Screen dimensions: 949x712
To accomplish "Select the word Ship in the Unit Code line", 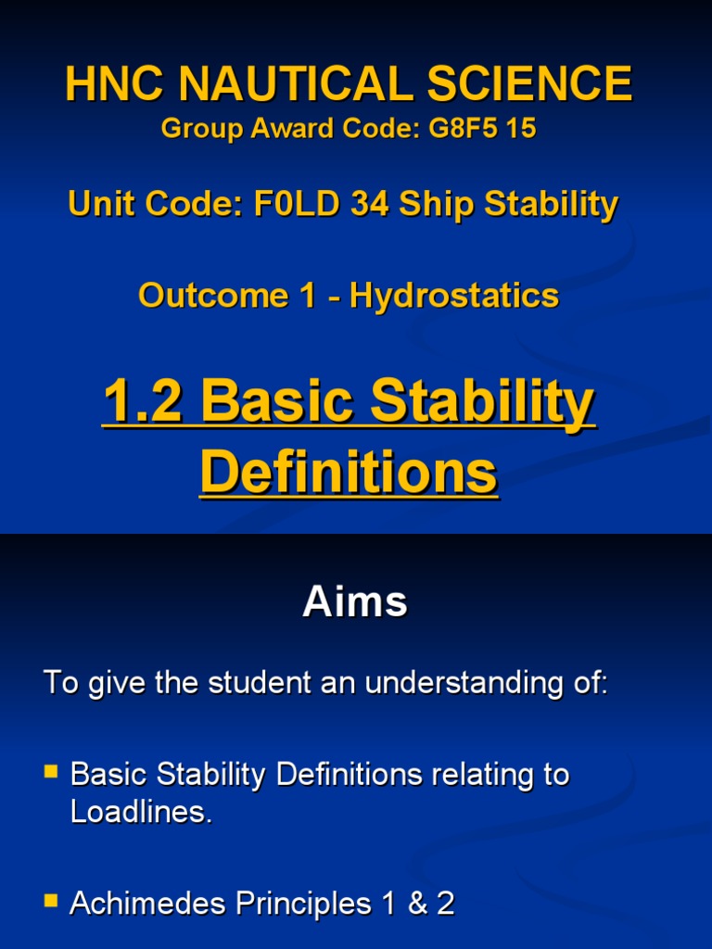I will pos(433,204).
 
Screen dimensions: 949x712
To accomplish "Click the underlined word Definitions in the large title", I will pos(349,473).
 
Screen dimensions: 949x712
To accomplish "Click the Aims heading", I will pos(355,603).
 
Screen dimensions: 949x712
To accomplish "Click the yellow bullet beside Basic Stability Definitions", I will pos(53,770).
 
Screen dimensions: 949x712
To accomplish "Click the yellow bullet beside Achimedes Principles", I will pos(53,900).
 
